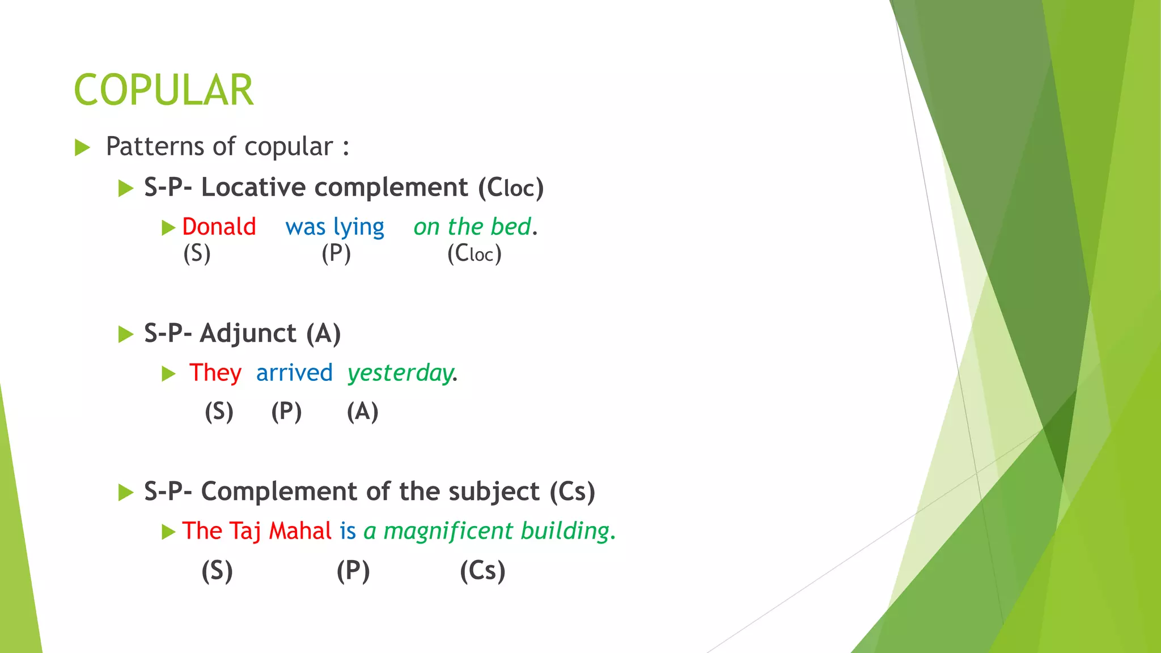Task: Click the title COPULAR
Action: pyautogui.click(x=163, y=90)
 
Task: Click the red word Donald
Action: pyautogui.click(x=219, y=227)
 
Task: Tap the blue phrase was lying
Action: pyautogui.click(x=334, y=227)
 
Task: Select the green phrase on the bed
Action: pyautogui.click(x=472, y=227)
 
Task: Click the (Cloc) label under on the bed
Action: pyautogui.click(x=474, y=253)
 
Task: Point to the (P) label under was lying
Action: pyautogui.click(x=336, y=253)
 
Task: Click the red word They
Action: pyautogui.click(x=215, y=373)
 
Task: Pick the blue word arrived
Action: pyautogui.click(x=294, y=373)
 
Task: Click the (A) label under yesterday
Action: pyautogui.click(x=362, y=412)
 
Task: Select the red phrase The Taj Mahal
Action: pyautogui.click(x=256, y=531)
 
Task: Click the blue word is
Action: pyautogui.click(x=348, y=531)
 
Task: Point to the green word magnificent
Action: pyautogui.click(x=448, y=531)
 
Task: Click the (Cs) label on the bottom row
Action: pyautogui.click(x=482, y=570)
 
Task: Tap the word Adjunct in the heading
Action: pyautogui.click(x=248, y=333)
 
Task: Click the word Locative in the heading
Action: pyautogui.click(x=253, y=188)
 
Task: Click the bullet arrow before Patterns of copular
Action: pyautogui.click(x=83, y=148)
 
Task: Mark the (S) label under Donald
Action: pyautogui.click(x=197, y=253)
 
